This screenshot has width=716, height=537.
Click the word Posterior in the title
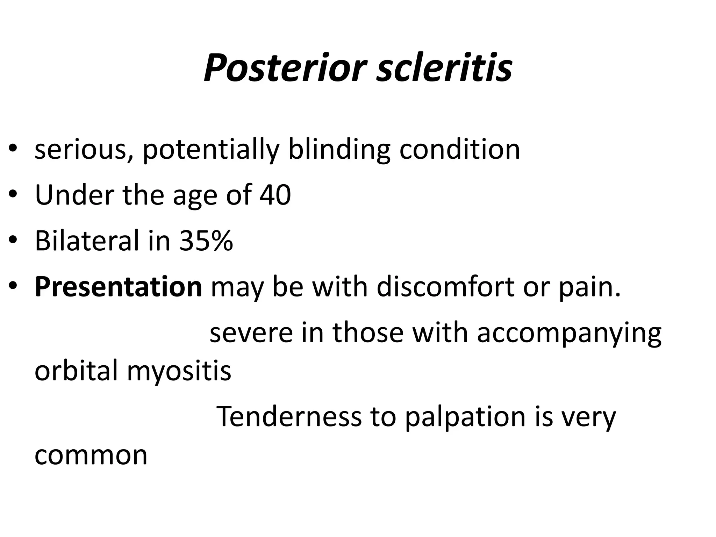(x=285, y=67)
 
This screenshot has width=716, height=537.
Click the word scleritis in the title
(x=444, y=67)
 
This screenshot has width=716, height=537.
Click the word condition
(x=459, y=150)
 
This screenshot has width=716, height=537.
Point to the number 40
(x=275, y=195)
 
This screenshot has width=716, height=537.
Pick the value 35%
(x=206, y=241)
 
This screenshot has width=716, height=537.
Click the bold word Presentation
(x=118, y=287)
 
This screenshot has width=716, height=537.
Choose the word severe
(x=251, y=332)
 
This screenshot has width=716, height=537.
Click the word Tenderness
(x=289, y=416)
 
